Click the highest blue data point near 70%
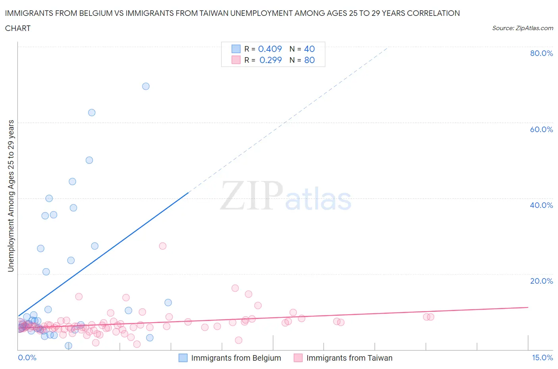146,86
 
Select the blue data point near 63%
92,112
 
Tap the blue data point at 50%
89,160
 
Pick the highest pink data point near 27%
162,246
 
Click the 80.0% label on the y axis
541,53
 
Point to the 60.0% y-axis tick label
541,129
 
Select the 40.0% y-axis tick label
541,205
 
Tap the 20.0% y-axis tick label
541,281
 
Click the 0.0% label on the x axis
27,357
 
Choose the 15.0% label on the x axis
542,357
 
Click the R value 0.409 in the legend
270,49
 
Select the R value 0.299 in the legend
270,60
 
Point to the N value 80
309,60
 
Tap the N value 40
309,49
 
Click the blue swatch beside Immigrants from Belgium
183,358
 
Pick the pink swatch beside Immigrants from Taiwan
298,358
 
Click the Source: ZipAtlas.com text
522,28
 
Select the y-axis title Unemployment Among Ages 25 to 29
11,196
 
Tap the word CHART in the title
18,28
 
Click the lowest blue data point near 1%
68,346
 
